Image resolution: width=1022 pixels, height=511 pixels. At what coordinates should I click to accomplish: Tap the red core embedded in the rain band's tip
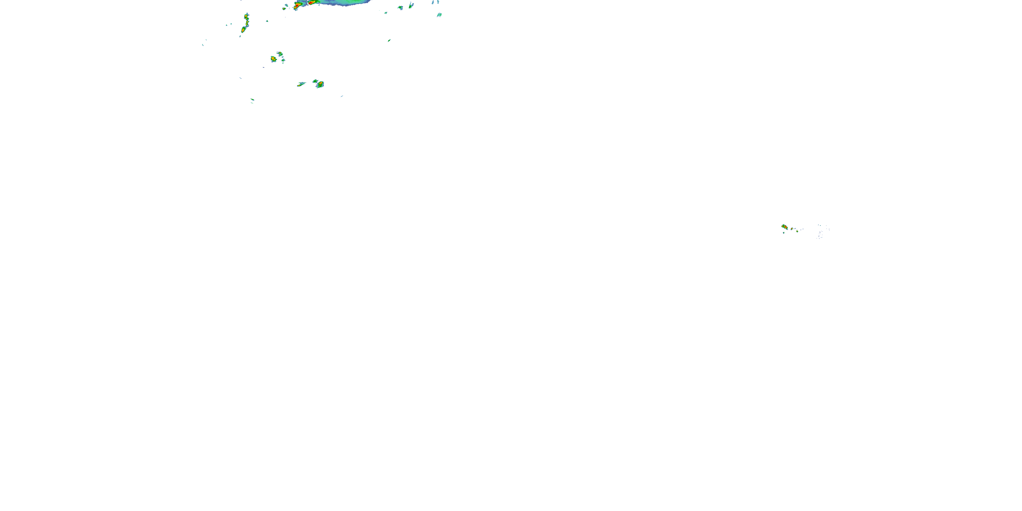[x=312, y=3]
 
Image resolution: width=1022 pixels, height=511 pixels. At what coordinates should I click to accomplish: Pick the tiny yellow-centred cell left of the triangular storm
[x=284, y=7]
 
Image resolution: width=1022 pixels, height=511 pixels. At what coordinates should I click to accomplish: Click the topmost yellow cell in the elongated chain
[x=246, y=17]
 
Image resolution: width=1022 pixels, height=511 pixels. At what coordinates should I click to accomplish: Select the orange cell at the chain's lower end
[x=243, y=30]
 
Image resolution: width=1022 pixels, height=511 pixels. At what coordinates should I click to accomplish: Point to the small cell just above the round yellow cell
[x=280, y=54]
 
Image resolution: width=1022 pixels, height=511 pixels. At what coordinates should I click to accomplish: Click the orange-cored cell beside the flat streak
[x=320, y=84]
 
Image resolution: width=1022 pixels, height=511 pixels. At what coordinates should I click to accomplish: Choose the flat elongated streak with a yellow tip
[x=301, y=84]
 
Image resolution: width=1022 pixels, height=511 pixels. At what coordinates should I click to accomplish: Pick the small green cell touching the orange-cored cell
[x=315, y=81]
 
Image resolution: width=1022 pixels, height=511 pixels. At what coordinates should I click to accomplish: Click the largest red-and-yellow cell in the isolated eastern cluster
[x=784, y=227]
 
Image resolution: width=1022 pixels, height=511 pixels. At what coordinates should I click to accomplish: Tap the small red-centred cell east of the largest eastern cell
[x=792, y=229]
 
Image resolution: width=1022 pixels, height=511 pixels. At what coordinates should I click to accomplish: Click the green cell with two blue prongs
[x=411, y=5]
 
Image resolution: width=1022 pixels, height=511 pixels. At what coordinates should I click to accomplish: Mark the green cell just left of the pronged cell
[x=400, y=7]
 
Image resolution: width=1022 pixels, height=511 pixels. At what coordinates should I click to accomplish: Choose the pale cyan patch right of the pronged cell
[x=439, y=15]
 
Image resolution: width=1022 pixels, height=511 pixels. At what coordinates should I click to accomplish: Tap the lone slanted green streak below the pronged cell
[x=389, y=40]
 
